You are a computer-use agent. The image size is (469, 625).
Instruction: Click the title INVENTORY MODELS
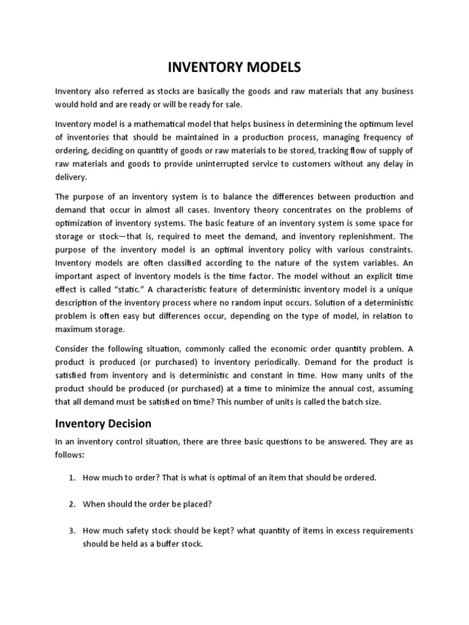coord(234,67)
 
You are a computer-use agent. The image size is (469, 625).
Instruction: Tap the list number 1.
coord(71,477)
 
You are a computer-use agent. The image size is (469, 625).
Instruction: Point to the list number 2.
coord(71,504)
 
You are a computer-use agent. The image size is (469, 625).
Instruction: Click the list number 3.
coord(71,531)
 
